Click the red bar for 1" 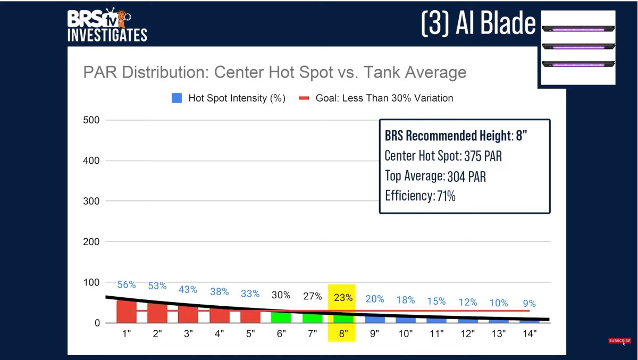tap(127, 312)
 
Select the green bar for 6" tap(281, 317)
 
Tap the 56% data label tap(127, 284)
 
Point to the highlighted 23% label tap(343, 298)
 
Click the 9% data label tap(529, 304)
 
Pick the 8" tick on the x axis tap(343, 333)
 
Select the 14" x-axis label tap(530, 333)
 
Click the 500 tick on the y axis tap(91, 120)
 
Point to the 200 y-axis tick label tap(91, 242)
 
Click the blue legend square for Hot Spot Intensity tap(177, 98)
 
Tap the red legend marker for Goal tap(304, 98)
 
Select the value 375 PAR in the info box tap(483, 156)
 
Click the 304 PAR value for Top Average tap(467, 177)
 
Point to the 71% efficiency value tap(446, 196)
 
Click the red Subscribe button tap(619, 341)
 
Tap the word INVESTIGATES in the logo tap(107, 35)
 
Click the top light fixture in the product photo tap(578, 29)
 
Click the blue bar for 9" tap(375, 320)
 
